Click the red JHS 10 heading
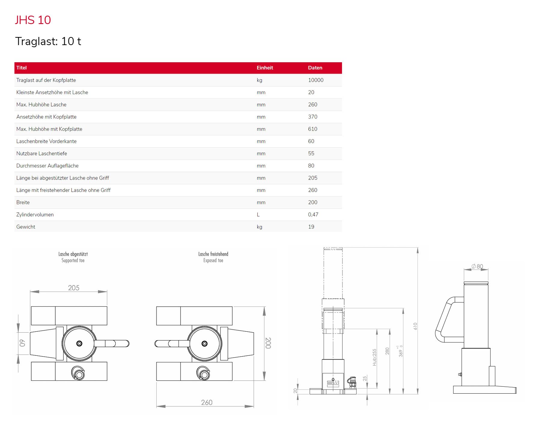33,20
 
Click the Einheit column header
264,68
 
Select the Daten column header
315,68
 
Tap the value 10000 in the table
316,80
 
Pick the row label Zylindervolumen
35,214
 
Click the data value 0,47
313,214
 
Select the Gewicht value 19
311,227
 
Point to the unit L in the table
258,214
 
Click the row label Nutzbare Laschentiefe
41,153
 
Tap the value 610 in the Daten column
313,129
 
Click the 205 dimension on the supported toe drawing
74,288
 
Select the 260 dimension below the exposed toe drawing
206,402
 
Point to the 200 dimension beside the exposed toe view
268,343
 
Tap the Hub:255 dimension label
374,357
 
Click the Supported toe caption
73,260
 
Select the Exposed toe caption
213,260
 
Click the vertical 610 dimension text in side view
415,326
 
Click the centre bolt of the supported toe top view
79,343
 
